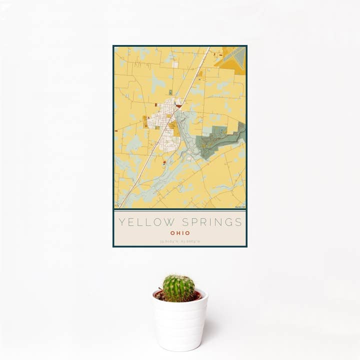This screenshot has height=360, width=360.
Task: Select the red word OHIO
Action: [x=180, y=233]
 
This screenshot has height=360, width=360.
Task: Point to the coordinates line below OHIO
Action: [x=180, y=241]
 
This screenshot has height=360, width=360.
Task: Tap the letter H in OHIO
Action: [x=177, y=233]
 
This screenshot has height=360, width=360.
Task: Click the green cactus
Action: [x=178, y=288]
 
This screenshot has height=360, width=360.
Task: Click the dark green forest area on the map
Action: [x=220, y=140]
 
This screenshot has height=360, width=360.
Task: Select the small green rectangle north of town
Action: [x=170, y=92]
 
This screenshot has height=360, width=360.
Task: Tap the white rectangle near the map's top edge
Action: [x=175, y=64]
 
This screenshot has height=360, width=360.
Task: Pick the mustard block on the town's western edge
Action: [x=145, y=121]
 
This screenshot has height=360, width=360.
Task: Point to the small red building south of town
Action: [x=164, y=162]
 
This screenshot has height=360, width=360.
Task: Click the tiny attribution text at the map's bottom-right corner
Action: [x=239, y=207]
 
